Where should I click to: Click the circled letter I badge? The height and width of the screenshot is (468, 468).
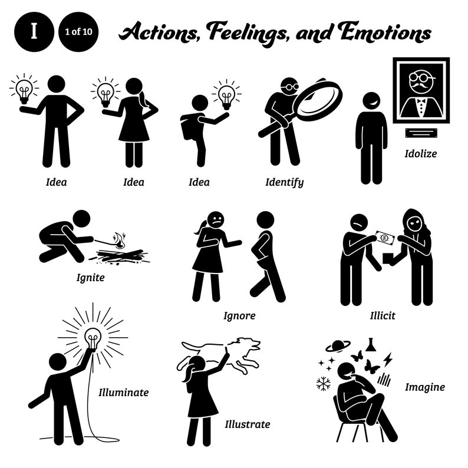[34, 32]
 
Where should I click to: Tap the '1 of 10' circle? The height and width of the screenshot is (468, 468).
[79, 32]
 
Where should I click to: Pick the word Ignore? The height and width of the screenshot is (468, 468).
[239, 315]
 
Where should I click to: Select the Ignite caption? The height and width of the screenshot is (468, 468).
[90, 276]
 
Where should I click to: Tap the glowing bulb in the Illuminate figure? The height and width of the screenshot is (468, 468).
[93, 339]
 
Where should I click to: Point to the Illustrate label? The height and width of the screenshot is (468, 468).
[247, 423]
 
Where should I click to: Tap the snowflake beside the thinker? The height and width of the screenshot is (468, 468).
[323, 384]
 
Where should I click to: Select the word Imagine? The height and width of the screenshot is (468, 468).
[424, 387]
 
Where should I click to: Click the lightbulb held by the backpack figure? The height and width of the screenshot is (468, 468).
[226, 94]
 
